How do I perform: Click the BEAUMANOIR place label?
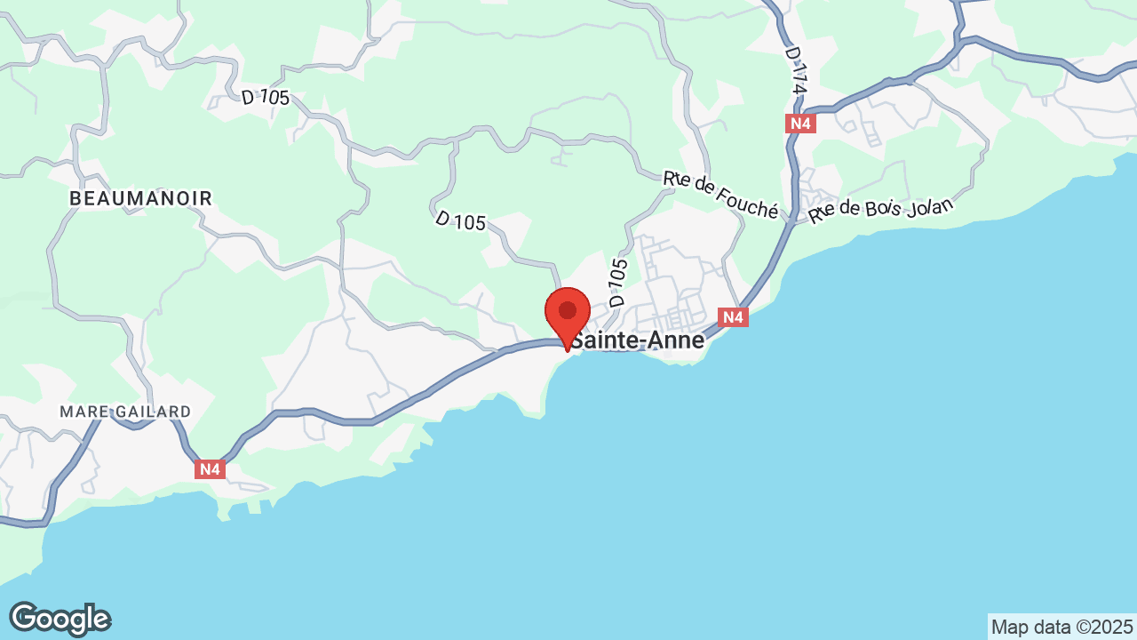coord(141,198)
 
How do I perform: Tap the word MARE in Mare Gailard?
coord(84,412)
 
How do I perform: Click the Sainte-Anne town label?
coord(637,340)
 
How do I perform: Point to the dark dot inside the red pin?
coord(568,310)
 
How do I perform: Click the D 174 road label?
coord(797,72)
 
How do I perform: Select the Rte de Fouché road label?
coord(720,194)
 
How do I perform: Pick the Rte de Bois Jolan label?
coord(880,210)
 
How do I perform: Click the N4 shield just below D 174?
coord(800,124)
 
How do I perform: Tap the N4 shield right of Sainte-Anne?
coord(732,317)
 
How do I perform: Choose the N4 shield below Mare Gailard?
coord(210,468)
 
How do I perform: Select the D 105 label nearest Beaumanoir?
coord(266,97)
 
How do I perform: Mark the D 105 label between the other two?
coord(460,220)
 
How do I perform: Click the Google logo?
coord(60,619)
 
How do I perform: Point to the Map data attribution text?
coord(1063,627)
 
